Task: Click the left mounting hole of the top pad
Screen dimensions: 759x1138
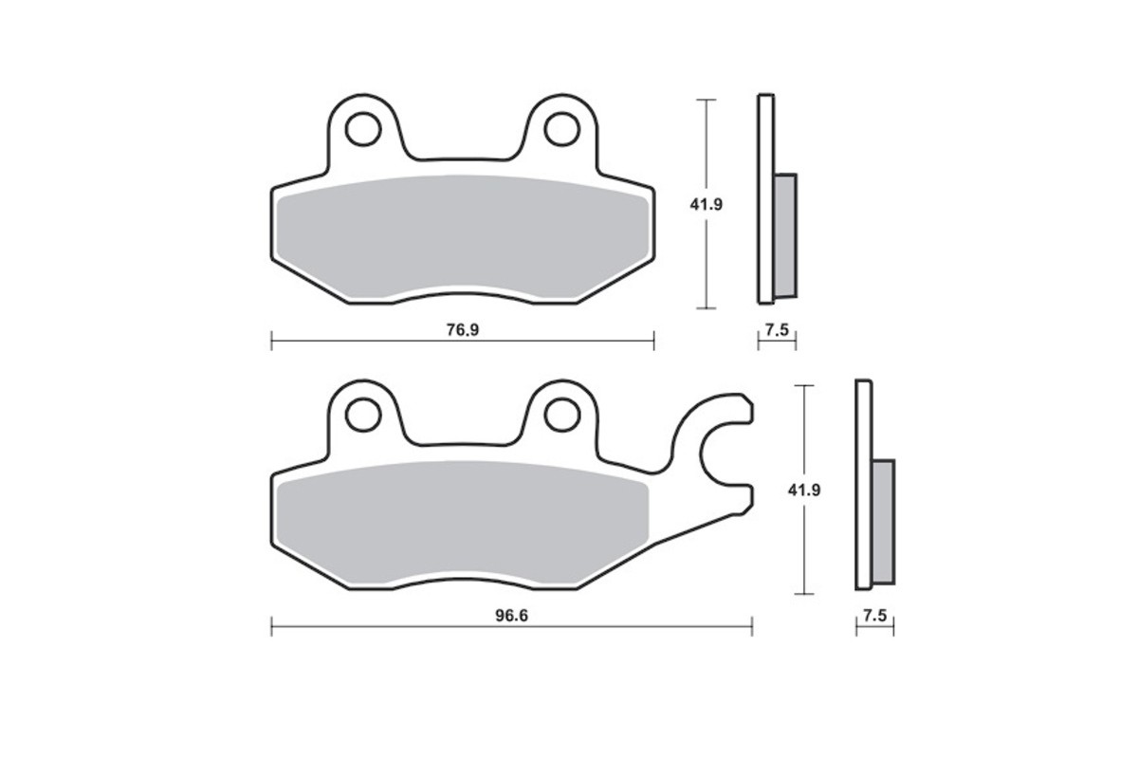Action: [x=362, y=129]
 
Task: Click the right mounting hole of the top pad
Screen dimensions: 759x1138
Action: [x=560, y=129]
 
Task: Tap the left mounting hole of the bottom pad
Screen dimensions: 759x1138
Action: [x=362, y=414]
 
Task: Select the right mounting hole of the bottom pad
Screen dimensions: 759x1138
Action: [x=560, y=414]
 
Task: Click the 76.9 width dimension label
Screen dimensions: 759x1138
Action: [x=461, y=330]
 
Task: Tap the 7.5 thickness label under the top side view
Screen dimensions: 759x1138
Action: [x=777, y=330]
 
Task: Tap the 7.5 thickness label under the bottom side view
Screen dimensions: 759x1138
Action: [x=874, y=616]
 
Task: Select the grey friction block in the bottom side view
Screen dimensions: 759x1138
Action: [x=883, y=521]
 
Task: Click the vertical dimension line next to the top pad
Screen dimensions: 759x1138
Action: [x=705, y=266]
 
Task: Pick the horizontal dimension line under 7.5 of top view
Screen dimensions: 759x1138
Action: [x=777, y=342]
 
